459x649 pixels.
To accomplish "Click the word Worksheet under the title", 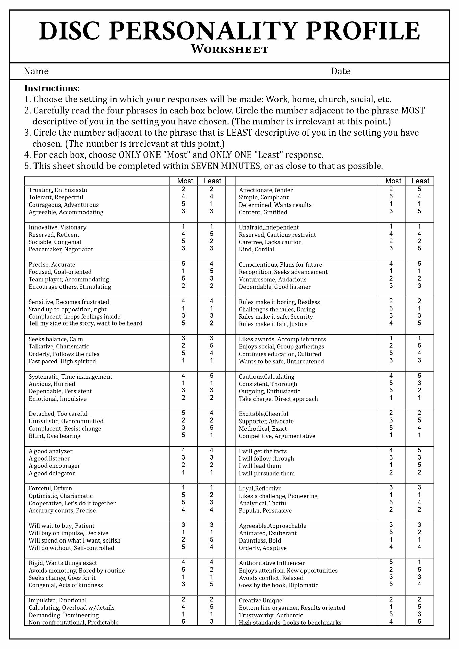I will [229, 49].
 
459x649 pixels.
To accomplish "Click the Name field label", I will [36, 71].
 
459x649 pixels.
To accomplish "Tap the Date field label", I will [340, 71].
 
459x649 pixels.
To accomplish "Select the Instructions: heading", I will [52, 89].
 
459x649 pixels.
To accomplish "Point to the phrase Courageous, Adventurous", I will [64, 205].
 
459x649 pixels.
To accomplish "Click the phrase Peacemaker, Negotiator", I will [61, 249].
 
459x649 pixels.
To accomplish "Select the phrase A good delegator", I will [52, 473].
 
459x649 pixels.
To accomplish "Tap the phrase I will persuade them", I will [267, 473].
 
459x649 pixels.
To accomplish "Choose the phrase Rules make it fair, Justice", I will [273, 324].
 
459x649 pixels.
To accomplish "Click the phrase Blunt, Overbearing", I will [54, 436].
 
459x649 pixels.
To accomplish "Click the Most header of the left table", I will [185, 181].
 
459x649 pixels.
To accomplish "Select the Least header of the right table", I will [420, 181].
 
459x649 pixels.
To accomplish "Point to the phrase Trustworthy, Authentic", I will [271, 615].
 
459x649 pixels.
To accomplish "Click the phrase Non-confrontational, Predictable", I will [73, 623].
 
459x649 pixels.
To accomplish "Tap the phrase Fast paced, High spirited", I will [62, 361].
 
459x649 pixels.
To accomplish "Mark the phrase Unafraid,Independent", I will [269, 227].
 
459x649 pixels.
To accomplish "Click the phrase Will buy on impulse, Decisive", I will [69, 533].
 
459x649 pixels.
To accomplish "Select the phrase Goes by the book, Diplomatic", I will [279, 585].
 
